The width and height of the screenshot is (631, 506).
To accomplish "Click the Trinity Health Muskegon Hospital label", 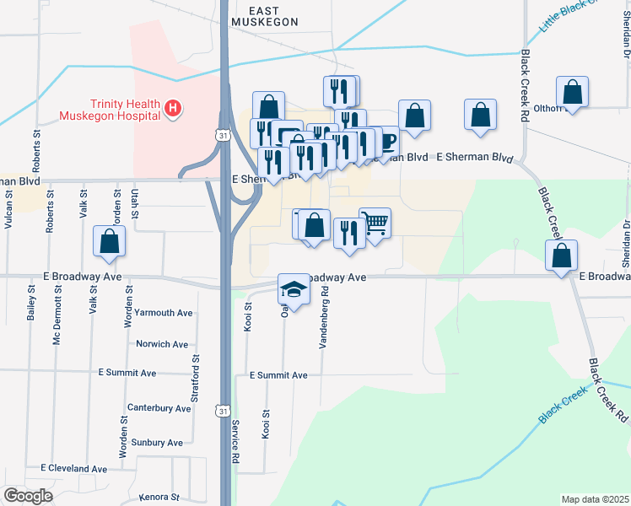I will click(110, 108).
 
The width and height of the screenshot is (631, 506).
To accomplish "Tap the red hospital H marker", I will click(173, 108).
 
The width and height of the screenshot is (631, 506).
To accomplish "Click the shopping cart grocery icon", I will click(375, 223).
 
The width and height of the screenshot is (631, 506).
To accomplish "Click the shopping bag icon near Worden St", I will click(110, 241).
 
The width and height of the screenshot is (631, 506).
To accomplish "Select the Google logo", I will click(28, 496).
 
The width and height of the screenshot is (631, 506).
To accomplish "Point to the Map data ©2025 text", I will click(595, 499).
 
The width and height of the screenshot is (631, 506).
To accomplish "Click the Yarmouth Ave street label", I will click(164, 313).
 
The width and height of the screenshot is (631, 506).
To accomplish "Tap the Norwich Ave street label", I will click(162, 344).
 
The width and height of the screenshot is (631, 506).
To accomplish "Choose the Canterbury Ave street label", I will click(159, 408).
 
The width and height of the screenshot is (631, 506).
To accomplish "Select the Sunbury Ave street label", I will click(158, 443).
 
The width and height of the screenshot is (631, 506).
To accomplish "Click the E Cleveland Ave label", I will click(74, 469).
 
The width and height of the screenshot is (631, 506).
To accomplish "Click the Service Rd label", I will click(237, 439).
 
